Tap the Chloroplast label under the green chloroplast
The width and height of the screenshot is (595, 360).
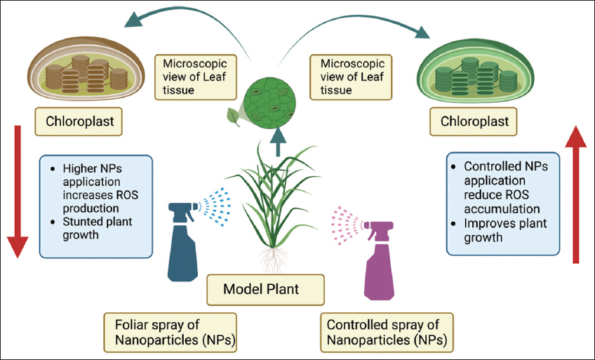474,122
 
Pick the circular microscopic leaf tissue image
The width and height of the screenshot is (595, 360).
274,112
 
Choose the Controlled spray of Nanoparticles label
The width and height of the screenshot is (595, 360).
387,333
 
